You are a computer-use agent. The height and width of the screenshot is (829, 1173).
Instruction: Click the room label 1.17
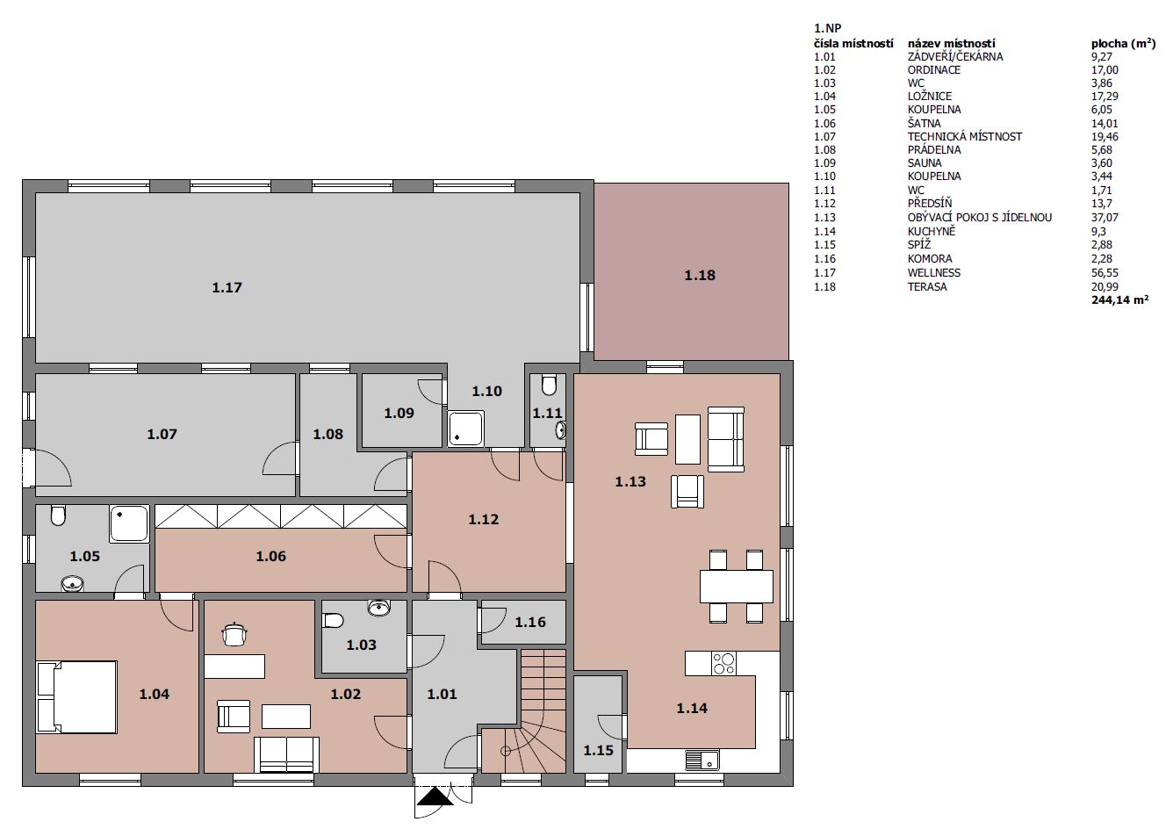[227, 287]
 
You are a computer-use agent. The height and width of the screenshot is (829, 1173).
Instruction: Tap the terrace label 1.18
[700, 275]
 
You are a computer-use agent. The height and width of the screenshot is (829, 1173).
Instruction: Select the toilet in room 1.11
[549, 385]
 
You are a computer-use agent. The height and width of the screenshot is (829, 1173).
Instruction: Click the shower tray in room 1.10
[465, 429]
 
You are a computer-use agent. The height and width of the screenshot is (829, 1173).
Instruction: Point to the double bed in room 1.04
[76, 696]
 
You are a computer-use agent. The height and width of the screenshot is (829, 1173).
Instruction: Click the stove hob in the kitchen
[723, 664]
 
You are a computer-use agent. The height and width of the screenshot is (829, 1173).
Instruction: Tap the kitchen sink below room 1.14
[702, 760]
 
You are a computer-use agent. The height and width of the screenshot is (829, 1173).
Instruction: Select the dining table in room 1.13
[737, 587]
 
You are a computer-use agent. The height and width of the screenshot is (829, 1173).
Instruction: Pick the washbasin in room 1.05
[72, 583]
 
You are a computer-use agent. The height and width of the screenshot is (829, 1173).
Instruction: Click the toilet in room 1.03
[333, 621]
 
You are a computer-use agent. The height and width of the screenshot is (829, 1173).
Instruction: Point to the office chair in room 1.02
[234, 634]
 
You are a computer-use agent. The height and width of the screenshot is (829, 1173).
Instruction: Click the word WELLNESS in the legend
[933, 273]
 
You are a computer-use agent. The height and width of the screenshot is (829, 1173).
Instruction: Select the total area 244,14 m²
[1120, 300]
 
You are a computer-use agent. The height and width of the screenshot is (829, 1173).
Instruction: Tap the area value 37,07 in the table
[1105, 217]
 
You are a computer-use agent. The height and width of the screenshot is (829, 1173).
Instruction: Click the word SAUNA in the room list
[925, 162]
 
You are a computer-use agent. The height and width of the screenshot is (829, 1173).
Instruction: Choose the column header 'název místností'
[951, 43]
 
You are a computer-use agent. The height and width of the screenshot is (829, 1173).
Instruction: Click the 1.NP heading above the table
[827, 28]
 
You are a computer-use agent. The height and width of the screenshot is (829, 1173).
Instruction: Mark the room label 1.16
[530, 622]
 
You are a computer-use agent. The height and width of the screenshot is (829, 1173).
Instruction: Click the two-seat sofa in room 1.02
[286, 754]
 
